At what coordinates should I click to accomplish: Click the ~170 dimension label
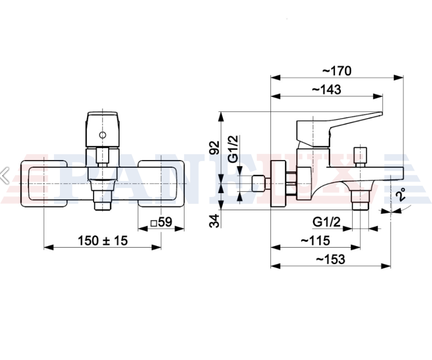tap(337, 71)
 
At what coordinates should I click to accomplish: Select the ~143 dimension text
tap(326, 90)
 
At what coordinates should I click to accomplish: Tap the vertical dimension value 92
tap(215, 148)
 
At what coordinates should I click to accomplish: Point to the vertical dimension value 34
tap(215, 220)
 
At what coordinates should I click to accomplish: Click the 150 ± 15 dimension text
tap(103, 240)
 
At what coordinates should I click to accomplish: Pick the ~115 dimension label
tap(315, 240)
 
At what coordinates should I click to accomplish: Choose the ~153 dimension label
tap(330, 259)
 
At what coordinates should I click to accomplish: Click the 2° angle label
tap(401, 195)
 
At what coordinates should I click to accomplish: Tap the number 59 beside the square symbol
tap(165, 222)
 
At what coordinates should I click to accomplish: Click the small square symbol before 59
tap(154, 223)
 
